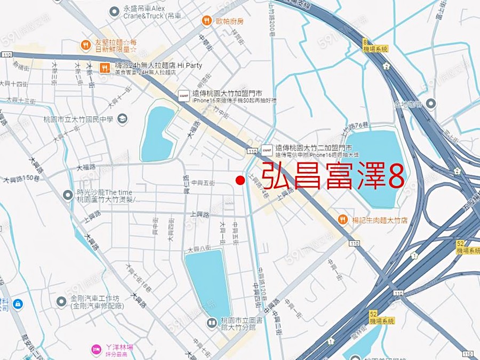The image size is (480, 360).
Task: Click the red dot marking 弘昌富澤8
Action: click(x=240, y=180)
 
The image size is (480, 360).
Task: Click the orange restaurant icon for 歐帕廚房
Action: click(x=206, y=21)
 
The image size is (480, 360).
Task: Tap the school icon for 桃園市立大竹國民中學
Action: click(x=122, y=118)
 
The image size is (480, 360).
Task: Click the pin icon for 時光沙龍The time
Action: click(x=68, y=195)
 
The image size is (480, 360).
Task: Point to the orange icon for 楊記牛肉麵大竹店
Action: click(x=343, y=219)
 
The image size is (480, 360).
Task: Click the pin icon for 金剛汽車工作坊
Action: click(x=61, y=302)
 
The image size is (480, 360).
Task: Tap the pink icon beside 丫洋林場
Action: click(x=96, y=349)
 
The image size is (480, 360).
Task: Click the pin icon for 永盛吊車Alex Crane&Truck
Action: click(x=114, y=11)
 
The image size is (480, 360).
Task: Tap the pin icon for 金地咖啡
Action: click(x=430, y=104)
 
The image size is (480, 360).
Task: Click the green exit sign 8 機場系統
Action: click(x=374, y=45)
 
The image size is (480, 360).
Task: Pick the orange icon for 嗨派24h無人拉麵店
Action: click(x=105, y=68)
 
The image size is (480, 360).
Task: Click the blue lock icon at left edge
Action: click(x=18, y=303)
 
